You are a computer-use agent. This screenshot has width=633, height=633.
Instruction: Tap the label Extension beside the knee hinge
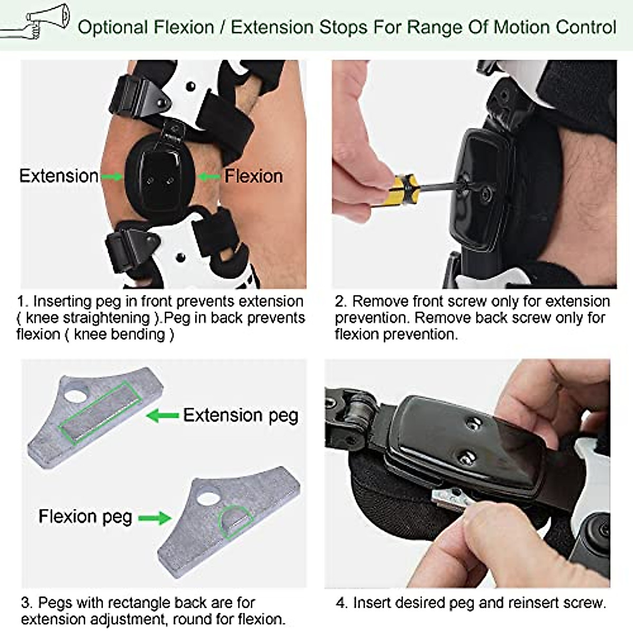(x=59, y=176)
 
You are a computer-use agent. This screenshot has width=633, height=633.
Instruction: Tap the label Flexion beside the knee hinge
(x=254, y=176)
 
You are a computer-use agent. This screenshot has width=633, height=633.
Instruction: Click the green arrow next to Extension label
(x=111, y=176)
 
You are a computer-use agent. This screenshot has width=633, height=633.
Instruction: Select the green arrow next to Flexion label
(x=209, y=176)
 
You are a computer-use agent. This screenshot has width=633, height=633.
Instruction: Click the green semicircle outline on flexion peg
(x=235, y=521)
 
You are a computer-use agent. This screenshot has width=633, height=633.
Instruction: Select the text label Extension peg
(x=241, y=416)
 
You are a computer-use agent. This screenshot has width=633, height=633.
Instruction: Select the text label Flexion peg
(x=85, y=516)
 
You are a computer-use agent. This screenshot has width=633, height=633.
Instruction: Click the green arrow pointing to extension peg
(x=162, y=416)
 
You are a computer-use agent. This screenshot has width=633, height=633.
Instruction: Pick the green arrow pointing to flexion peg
(x=155, y=517)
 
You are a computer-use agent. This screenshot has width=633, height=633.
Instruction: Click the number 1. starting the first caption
(x=23, y=302)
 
